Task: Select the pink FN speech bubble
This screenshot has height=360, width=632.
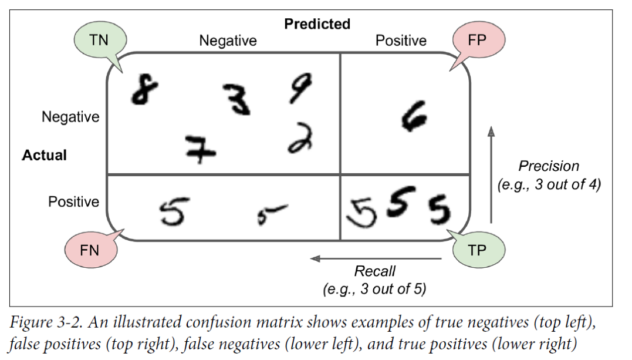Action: click(x=90, y=250)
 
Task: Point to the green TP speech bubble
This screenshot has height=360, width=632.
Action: click(x=478, y=250)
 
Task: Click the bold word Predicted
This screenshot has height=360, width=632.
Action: click(x=317, y=24)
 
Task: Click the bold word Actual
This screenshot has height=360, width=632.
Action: click(x=45, y=155)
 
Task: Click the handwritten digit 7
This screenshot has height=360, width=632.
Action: click(x=199, y=150)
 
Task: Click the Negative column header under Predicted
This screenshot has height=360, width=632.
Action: click(x=228, y=41)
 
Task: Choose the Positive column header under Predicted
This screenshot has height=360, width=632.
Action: click(x=401, y=41)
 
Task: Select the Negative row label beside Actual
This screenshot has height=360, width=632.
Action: click(x=70, y=117)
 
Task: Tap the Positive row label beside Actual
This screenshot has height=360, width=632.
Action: click(x=74, y=201)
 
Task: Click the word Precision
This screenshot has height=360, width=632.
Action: click(x=549, y=166)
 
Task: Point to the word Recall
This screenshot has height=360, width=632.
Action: click(x=374, y=271)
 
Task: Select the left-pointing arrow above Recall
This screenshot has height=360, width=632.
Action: click(x=376, y=258)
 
